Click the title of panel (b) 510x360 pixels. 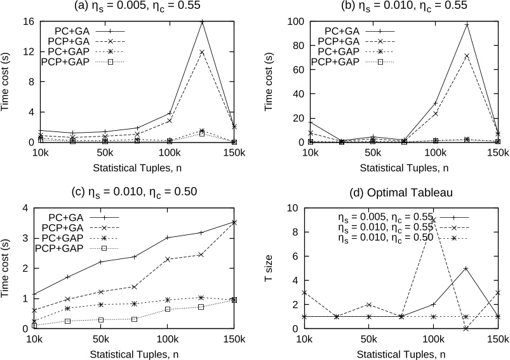click(x=395, y=7)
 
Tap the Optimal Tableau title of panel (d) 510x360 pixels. click(x=395, y=193)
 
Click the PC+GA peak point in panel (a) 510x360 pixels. click(x=202, y=22)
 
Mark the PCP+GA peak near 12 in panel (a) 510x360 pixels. click(x=202, y=52)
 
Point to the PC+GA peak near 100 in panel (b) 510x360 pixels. click(x=467, y=25)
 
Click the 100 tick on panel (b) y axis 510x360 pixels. click(x=290, y=22)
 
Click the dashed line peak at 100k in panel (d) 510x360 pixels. click(x=434, y=220)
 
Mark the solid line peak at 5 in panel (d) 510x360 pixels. click(x=467, y=269)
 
